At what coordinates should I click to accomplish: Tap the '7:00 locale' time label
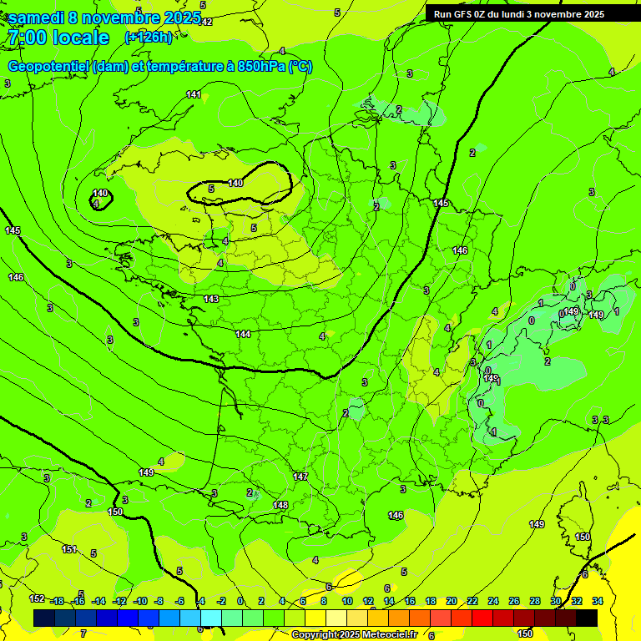pyautogui.click(x=58, y=38)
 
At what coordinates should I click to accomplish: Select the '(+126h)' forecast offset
pyautogui.click(x=149, y=37)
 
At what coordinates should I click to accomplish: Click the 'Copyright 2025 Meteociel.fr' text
pyautogui.click(x=354, y=634)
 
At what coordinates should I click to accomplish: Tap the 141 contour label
pyautogui.click(x=194, y=94)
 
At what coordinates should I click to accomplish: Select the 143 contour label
pyautogui.click(x=211, y=298)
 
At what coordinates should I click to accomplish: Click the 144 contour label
pyautogui.click(x=243, y=334)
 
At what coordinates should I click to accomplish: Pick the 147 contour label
pyautogui.click(x=300, y=477)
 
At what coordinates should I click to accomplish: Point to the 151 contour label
pyautogui.click(x=70, y=549)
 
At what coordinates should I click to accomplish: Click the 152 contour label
pyautogui.click(x=38, y=599)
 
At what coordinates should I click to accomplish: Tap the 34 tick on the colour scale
pyautogui.click(x=598, y=601)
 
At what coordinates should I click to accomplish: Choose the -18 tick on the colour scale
pyautogui.click(x=57, y=601)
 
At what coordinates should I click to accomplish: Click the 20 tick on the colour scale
pyautogui.click(x=452, y=601)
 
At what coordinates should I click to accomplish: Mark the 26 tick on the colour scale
pyautogui.click(x=514, y=601)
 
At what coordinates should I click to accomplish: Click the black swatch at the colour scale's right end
pyautogui.click(x=587, y=618)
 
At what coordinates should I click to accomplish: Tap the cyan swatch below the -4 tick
pyautogui.click(x=210, y=618)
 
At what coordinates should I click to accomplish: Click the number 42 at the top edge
pyautogui.click(x=207, y=22)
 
